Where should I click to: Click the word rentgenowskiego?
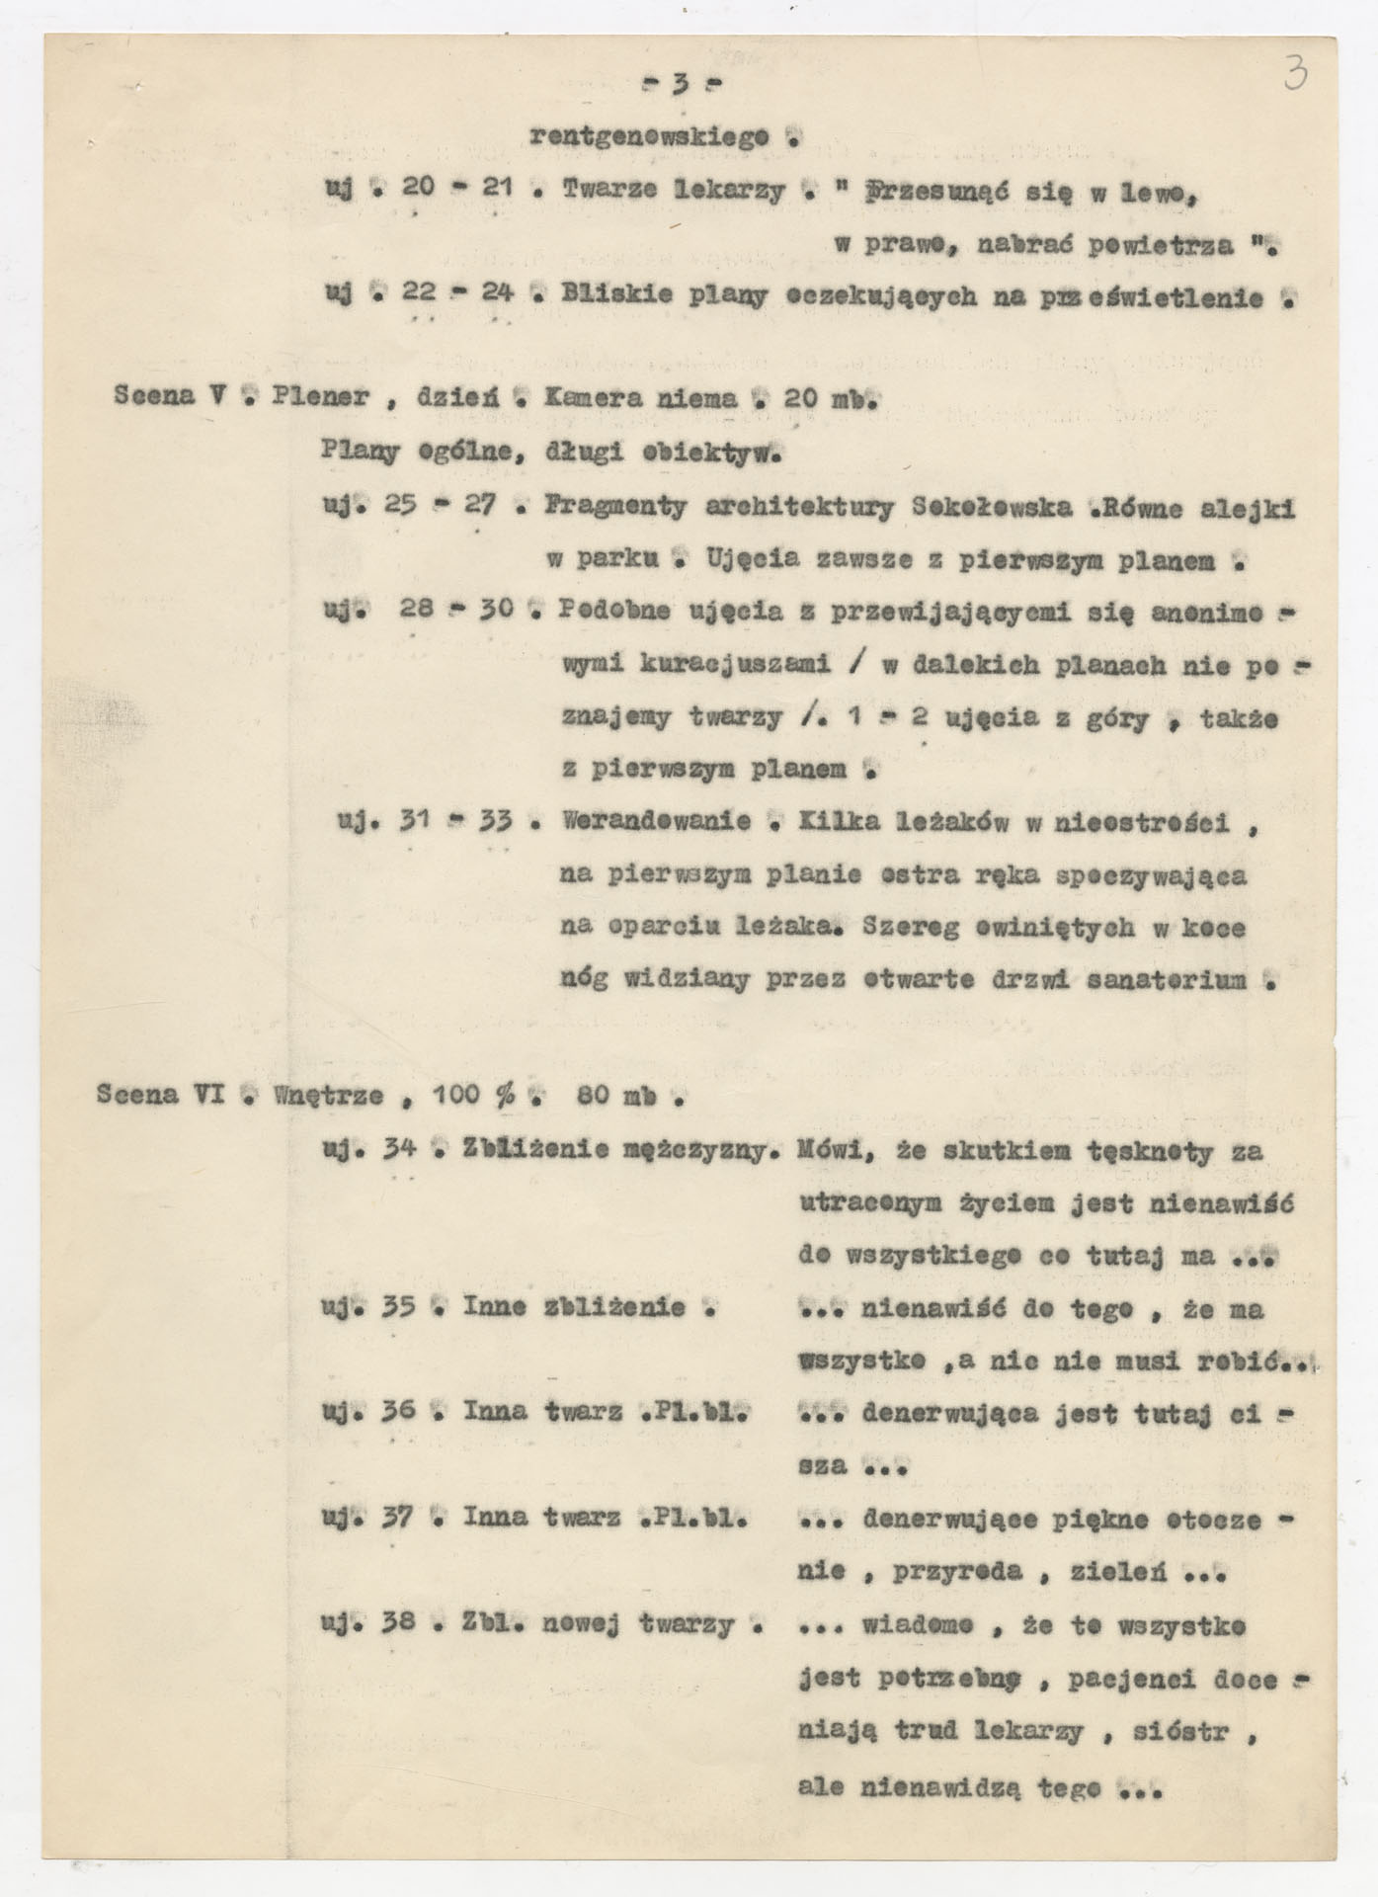649,137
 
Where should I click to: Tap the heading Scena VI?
162,1095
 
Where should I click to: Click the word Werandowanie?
655,822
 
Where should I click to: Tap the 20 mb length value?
828,398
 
